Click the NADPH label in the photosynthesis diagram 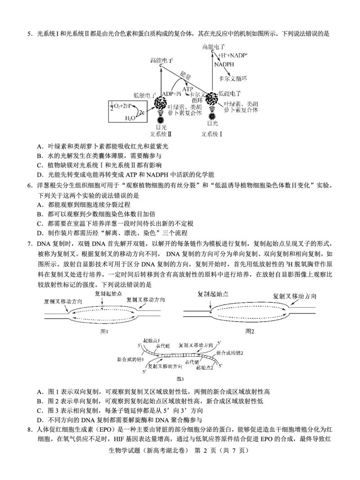[x=224, y=64]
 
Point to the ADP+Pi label [x=171, y=94]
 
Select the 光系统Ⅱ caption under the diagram [x=161, y=134]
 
